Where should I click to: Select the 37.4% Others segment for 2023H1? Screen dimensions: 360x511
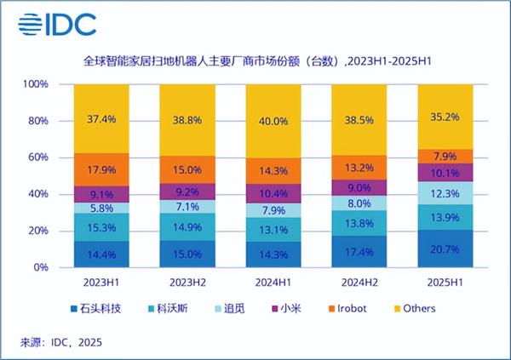pyautogui.click(x=100, y=118)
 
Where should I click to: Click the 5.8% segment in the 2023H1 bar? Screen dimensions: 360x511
pyautogui.click(x=100, y=208)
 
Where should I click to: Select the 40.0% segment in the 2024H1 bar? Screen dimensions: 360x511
pyautogui.click(x=272, y=121)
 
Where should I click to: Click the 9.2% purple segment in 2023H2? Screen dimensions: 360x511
pyautogui.click(x=187, y=192)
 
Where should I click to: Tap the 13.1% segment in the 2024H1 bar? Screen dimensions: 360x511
pyautogui.click(x=272, y=230)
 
